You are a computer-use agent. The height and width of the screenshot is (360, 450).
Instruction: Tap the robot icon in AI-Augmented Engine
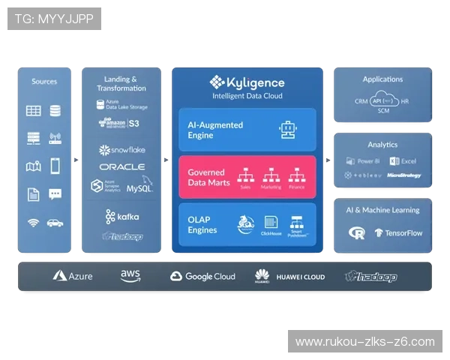(x=287, y=130)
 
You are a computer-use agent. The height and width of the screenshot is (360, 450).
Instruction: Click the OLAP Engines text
(x=202, y=224)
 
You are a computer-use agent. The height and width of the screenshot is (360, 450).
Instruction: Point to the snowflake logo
(x=121, y=150)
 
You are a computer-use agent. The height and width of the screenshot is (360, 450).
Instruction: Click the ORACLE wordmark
(x=121, y=166)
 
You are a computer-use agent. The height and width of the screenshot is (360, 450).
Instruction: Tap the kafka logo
(x=121, y=217)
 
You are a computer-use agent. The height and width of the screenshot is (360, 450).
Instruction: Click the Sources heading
(x=44, y=81)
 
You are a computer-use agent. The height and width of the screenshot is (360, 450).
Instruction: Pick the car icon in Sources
(x=55, y=223)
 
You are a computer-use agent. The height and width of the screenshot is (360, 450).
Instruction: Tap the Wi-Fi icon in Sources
(x=34, y=223)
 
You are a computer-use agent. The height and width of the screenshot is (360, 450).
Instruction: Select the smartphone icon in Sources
(x=55, y=166)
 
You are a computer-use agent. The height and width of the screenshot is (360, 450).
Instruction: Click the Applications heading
(x=382, y=79)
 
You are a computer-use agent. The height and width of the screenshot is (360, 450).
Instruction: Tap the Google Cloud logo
(x=202, y=276)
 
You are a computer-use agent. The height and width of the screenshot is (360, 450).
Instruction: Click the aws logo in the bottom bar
(x=130, y=276)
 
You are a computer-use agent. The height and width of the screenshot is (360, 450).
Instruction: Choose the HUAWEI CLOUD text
(x=300, y=277)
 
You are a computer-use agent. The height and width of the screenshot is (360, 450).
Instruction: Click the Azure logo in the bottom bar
(x=73, y=276)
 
